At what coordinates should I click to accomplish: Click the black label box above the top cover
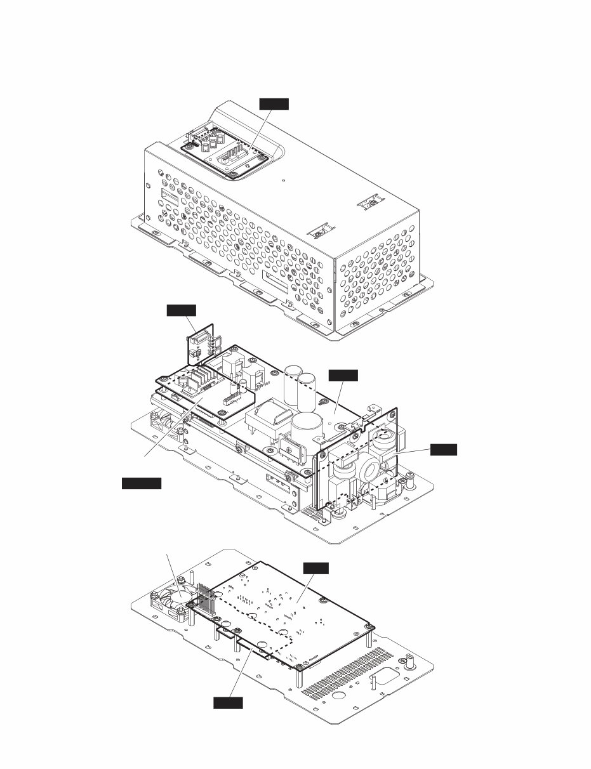[x=274, y=103]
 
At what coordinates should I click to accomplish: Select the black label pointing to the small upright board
[x=182, y=310]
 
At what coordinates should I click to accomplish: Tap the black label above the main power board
[x=343, y=375]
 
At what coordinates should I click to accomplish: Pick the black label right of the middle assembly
[x=443, y=449]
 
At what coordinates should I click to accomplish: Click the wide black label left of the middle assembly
[x=141, y=483]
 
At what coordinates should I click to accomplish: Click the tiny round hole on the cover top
[x=283, y=179]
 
